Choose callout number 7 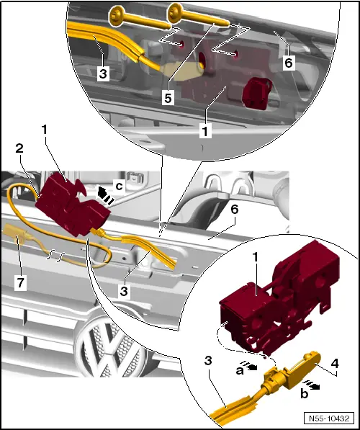point(21,282)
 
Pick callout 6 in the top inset point(287,63)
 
